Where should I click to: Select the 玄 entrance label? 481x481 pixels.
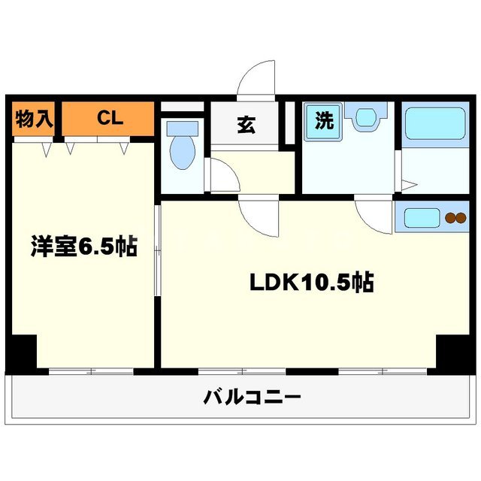pos(245,125)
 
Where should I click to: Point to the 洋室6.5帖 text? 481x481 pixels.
pos(83,247)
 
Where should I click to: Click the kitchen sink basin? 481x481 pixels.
pos(423,219)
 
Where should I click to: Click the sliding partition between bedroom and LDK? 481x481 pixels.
pos(157,248)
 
